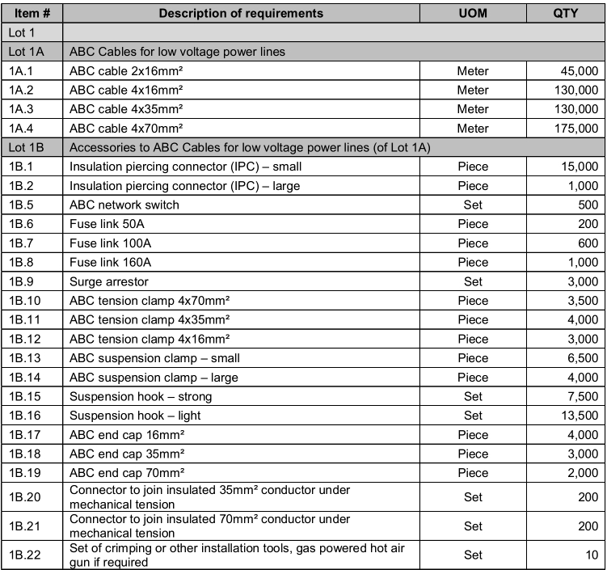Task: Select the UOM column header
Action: click(x=473, y=13)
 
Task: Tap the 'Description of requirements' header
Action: click(x=241, y=13)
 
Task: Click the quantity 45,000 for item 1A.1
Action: click(x=576, y=70)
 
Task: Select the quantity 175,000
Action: click(x=573, y=128)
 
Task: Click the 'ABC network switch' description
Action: click(x=124, y=205)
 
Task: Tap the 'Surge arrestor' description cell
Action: click(x=109, y=281)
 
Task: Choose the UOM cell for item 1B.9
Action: click(x=473, y=281)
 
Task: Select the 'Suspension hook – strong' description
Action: click(x=141, y=396)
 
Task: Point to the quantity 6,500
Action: click(x=580, y=357)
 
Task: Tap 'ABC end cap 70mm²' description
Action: click(x=127, y=473)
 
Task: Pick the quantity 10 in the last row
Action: click(x=592, y=555)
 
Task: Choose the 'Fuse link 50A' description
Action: click(x=107, y=224)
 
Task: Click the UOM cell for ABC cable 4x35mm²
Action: click(x=473, y=108)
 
